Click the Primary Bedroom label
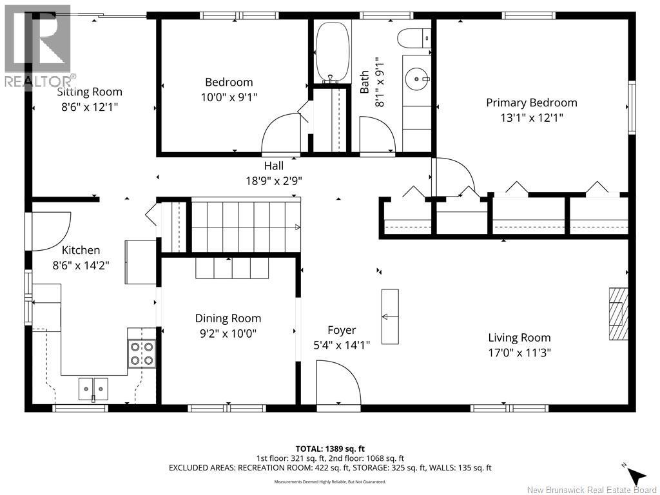(x=531, y=102)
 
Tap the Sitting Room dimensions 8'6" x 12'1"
(x=89, y=107)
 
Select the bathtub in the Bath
(x=333, y=52)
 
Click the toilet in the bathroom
(x=414, y=38)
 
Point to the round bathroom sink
(x=417, y=79)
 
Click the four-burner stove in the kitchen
(x=141, y=354)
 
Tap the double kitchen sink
(x=93, y=389)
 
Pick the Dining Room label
(x=228, y=318)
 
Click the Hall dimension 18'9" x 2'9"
(x=274, y=181)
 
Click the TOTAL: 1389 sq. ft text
(x=327, y=449)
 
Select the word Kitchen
(x=81, y=250)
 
